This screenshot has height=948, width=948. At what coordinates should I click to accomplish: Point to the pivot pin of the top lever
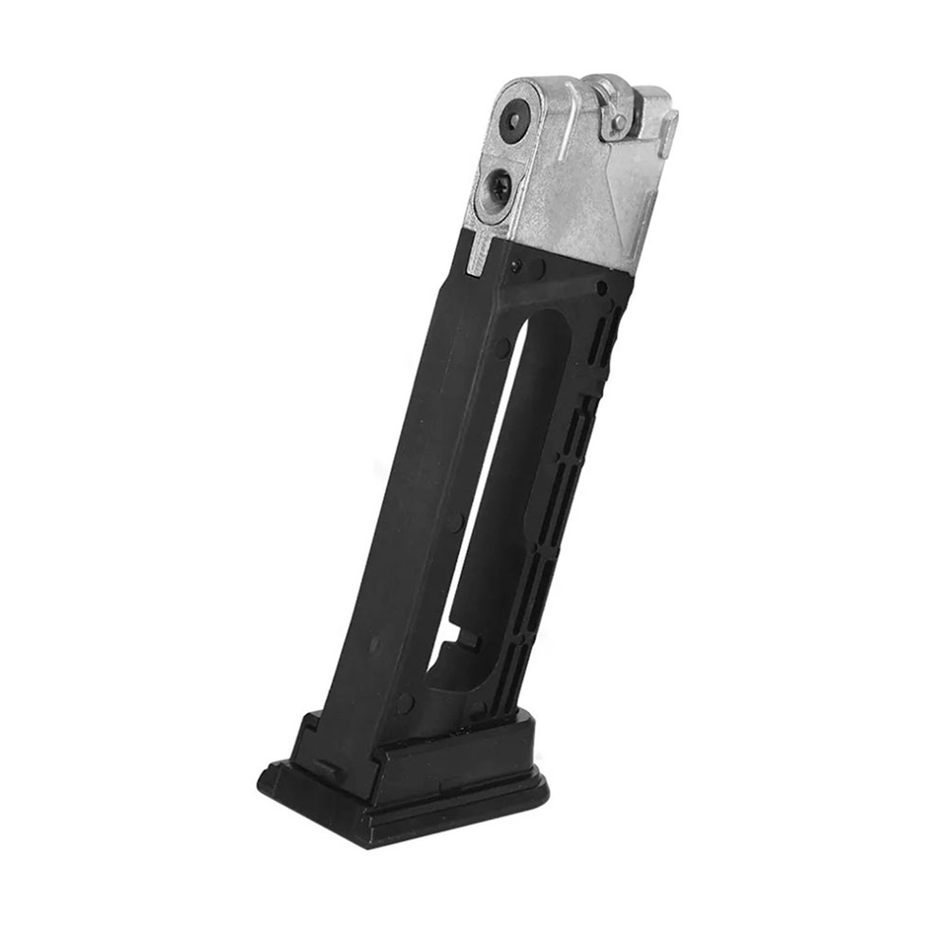click(x=618, y=121)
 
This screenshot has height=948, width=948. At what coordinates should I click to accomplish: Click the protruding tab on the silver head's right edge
click(x=670, y=128)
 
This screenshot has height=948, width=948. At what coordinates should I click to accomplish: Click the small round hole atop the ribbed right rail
click(x=601, y=287)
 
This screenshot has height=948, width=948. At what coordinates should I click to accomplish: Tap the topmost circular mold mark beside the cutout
click(x=501, y=350)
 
